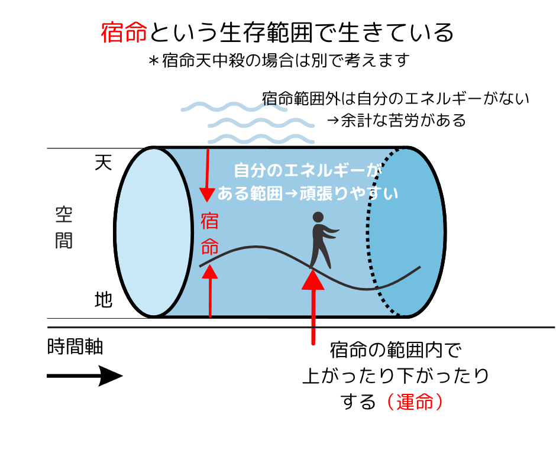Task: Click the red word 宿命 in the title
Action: [124, 33]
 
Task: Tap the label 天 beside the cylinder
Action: [103, 163]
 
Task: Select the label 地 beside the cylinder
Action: [103, 300]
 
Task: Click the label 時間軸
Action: [75, 347]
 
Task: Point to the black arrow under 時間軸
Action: [85, 376]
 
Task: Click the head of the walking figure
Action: [318, 217]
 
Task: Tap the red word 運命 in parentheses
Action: [415, 402]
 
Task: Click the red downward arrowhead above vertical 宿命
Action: [207, 195]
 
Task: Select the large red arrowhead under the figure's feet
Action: [313, 280]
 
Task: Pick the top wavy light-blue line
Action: [234, 106]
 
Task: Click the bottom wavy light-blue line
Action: [261, 138]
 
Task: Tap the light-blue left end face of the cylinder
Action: [154, 232]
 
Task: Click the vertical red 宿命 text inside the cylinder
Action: [209, 234]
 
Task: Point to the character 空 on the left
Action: [64, 215]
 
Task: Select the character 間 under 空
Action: [64, 241]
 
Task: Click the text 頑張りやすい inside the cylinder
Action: [349, 193]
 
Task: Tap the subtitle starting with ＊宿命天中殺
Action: [279, 60]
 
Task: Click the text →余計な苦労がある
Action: [396, 121]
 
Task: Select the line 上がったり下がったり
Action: [396, 376]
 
